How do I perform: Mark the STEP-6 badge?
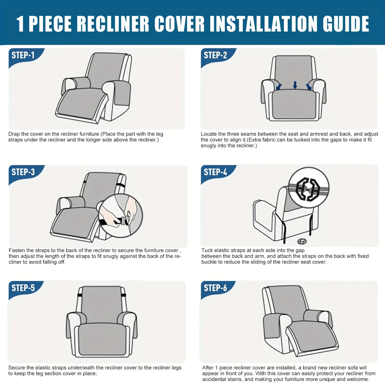pos(217,289)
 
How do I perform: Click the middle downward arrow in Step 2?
pos(295,85)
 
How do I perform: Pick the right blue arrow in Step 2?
pos(309,87)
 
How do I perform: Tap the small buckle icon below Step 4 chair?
pos(302,241)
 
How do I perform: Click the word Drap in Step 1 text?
pos(14,134)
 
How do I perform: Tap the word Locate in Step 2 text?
pos(209,134)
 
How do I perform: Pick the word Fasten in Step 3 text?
pos(17,250)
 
